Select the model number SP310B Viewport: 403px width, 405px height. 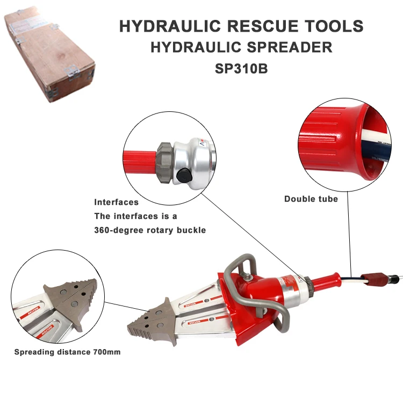(x=241, y=69)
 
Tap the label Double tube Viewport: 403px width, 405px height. (x=311, y=199)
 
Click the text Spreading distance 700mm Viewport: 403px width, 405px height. (x=67, y=352)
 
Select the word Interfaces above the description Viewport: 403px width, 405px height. (x=116, y=203)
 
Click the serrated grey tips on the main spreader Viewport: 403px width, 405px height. (x=147, y=319)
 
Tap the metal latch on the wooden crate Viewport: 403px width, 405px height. (x=69, y=69)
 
